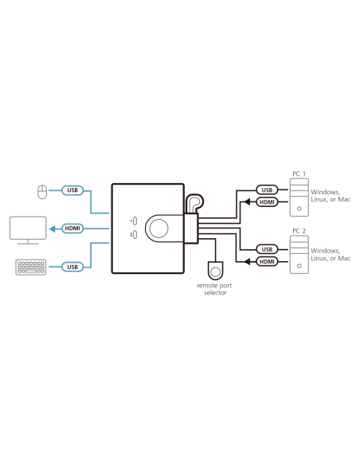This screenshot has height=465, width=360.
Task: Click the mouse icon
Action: (x=42, y=192)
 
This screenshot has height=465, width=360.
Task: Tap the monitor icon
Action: (x=28, y=230)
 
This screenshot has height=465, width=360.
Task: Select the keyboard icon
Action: (x=31, y=268)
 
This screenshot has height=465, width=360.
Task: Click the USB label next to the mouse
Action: (x=72, y=190)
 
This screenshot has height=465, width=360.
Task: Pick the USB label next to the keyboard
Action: (x=72, y=267)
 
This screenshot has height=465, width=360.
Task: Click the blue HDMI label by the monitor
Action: (x=72, y=229)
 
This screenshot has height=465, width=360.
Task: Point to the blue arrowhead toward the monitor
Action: (x=53, y=229)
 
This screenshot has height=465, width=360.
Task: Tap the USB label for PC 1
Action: (x=267, y=190)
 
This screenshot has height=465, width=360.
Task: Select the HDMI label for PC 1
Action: (x=267, y=202)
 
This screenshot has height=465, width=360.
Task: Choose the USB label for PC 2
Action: (x=267, y=249)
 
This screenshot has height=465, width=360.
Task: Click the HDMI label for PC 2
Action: (x=267, y=261)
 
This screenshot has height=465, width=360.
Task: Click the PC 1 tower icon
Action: (x=299, y=197)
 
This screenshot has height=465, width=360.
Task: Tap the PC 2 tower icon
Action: (x=299, y=255)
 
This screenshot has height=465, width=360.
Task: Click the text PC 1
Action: (x=299, y=174)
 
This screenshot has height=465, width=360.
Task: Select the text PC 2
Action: (x=299, y=231)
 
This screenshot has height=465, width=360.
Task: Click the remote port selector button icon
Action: (x=215, y=271)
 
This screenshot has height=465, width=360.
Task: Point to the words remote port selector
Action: (x=214, y=289)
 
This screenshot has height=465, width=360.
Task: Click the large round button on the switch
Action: (x=158, y=229)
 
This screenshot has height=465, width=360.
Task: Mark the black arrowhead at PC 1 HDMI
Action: (x=247, y=202)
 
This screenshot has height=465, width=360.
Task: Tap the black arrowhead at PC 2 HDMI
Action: (x=247, y=261)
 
